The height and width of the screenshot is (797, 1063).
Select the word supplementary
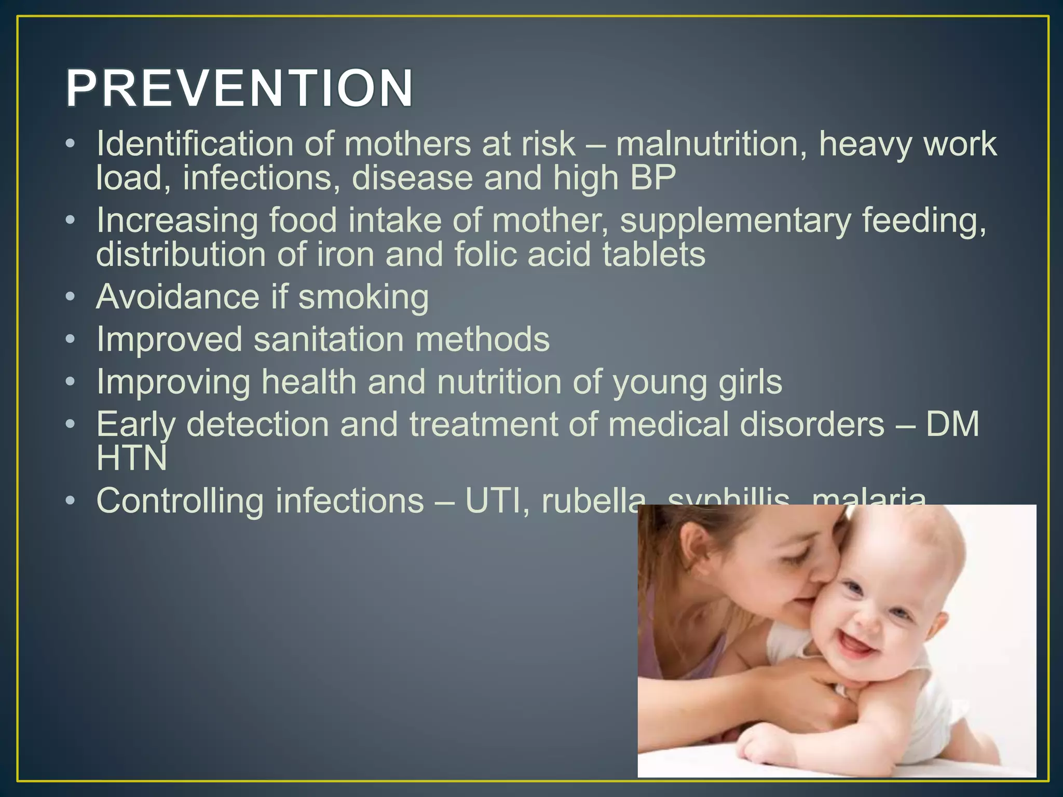(x=735, y=221)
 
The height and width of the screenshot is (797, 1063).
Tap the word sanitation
(x=329, y=340)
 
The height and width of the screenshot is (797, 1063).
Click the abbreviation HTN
(x=132, y=458)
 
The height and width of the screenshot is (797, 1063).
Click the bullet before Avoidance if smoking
(x=71, y=297)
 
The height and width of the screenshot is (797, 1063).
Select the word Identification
(x=195, y=144)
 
